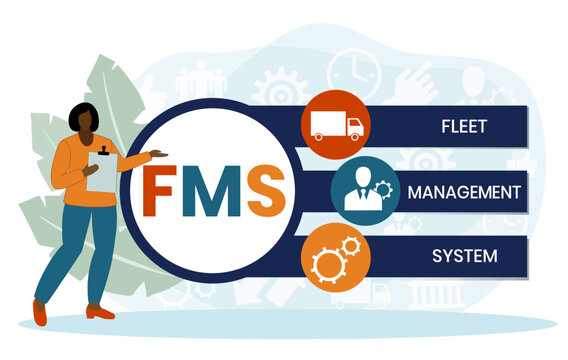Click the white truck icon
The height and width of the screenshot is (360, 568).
tap(335, 126)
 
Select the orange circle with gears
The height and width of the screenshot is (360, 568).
tap(336, 257)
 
